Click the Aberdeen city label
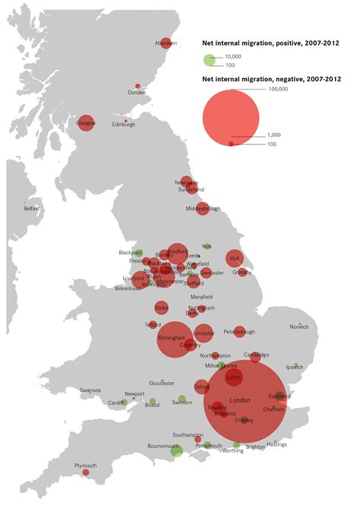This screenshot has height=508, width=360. [166, 43]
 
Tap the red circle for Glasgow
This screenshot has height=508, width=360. [86, 122]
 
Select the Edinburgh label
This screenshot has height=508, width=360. [124, 125]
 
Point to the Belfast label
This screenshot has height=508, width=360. [31, 208]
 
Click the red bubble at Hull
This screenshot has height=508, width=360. [235, 259]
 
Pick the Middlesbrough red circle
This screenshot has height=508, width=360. [203, 208]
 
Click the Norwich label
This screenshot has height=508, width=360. [299, 327]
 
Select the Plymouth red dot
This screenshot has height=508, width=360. [86, 472]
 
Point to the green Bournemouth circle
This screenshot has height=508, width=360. [177, 451]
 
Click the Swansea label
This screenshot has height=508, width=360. [90, 390]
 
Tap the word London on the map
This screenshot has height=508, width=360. [239, 400]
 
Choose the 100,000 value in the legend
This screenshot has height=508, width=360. [279, 90]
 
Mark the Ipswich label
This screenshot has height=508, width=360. [295, 367]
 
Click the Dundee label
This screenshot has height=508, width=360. [137, 93]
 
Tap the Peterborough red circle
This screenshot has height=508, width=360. [239, 332]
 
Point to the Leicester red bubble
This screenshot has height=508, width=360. [204, 333]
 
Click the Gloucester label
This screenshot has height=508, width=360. [162, 383]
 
